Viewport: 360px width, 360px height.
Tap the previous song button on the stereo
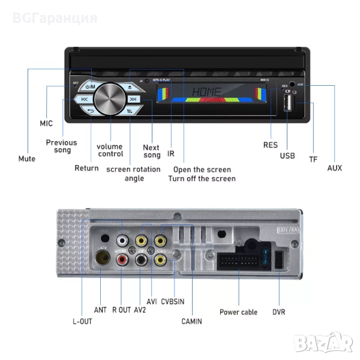tap(85, 100)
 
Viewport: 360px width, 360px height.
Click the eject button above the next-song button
tap(133, 87)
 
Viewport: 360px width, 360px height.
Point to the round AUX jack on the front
tap(292, 86)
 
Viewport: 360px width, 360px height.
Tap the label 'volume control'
tap(110, 150)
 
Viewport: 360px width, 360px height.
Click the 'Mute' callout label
tap(27, 159)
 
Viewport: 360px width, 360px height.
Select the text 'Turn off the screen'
tap(202, 178)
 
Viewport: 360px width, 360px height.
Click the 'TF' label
tap(313, 159)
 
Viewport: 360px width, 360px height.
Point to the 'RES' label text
tap(271, 145)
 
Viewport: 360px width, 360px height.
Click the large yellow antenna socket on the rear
tap(104, 259)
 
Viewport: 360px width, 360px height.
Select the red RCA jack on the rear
tap(122, 260)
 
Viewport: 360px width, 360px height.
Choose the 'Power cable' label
tap(238, 312)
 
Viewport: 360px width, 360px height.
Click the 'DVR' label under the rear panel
tap(280, 312)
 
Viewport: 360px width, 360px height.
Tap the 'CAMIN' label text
tap(191, 322)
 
